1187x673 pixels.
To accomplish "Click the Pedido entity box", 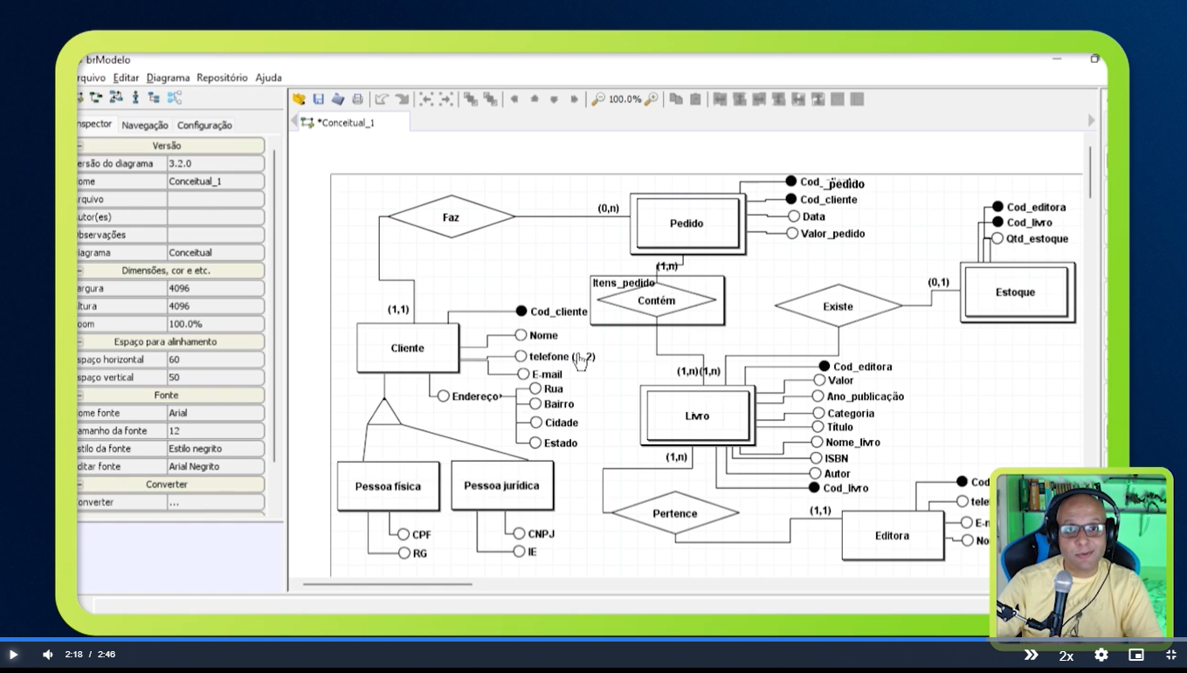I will click(x=687, y=223).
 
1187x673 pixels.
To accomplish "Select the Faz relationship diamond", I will click(x=451, y=217).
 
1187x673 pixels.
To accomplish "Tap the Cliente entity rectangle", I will click(x=407, y=348).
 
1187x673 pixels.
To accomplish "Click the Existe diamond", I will click(x=838, y=306).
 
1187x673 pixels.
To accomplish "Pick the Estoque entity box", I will click(x=1015, y=292).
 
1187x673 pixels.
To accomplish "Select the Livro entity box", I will click(x=696, y=416).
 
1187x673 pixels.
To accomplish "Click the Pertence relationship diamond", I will click(x=674, y=513).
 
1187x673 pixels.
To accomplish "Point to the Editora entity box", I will click(x=892, y=536).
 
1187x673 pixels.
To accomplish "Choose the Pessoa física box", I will click(x=388, y=486).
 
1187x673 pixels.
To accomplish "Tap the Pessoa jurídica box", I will click(x=501, y=485).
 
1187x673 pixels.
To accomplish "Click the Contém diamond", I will click(x=656, y=301).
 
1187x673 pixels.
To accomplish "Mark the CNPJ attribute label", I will click(x=541, y=534).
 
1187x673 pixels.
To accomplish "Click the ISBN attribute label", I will click(x=836, y=458).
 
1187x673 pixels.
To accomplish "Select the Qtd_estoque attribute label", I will click(x=1037, y=238).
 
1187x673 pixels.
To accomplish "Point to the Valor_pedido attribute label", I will click(x=832, y=234).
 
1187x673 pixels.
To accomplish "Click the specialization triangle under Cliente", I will click(x=383, y=414).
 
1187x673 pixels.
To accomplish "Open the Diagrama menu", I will click(x=168, y=78).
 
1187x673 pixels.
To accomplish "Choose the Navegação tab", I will click(x=144, y=125).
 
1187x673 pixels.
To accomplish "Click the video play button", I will click(x=13, y=655).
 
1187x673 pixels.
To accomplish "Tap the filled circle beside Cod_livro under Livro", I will click(x=814, y=488).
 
